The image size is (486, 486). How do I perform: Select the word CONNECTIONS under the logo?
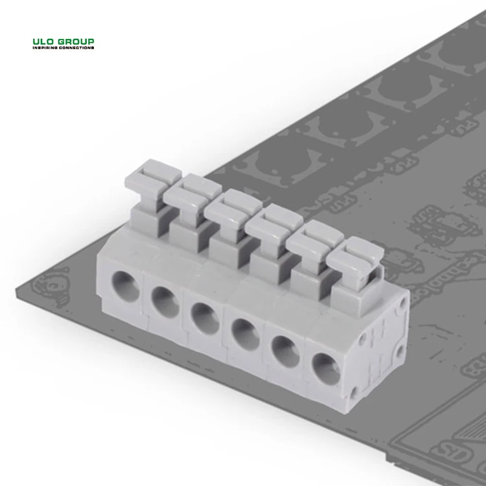point(76,49)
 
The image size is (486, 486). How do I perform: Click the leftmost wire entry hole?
point(124,286)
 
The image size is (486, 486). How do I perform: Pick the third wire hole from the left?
point(205,317)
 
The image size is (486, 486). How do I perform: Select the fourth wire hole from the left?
point(244,332)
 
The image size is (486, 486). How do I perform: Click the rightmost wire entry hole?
point(325,367)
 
